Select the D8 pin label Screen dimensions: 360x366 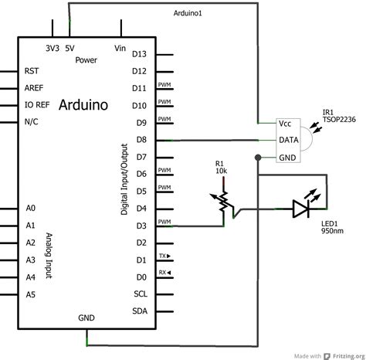tap(141, 140)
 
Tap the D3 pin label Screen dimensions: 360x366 tap(141, 225)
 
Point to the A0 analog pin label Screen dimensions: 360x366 tap(31, 208)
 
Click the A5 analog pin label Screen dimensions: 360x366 tap(31, 294)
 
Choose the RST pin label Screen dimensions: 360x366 tap(32, 70)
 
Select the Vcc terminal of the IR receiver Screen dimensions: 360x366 tap(286, 124)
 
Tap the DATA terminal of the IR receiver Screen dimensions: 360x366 tap(289, 140)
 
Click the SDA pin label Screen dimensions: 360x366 tap(141, 311)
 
